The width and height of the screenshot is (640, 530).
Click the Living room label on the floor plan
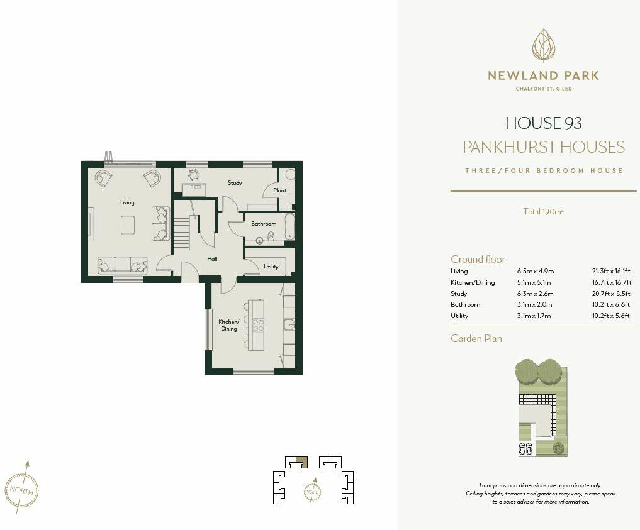point(127,202)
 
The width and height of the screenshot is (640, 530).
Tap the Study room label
point(235,183)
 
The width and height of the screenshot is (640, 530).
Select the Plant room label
point(280,190)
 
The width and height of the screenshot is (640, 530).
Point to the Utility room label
point(271,267)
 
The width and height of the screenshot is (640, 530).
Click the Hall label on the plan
point(213,258)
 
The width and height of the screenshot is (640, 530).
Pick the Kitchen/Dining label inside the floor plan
point(228,325)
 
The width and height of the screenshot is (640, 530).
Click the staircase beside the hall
point(181,232)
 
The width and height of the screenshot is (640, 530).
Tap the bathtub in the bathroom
point(289,226)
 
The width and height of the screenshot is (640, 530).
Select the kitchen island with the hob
point(257,324)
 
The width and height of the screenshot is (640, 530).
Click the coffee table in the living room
point(128,224)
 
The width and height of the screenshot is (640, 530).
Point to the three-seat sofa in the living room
point(122,265)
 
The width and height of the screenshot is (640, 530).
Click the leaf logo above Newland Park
point(544,46)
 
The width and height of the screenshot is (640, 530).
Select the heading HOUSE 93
point(544,123)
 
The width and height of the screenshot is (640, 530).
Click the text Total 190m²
point(543,212)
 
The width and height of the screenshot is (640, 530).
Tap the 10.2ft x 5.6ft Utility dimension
point(610,316)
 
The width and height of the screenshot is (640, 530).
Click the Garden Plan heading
point(476,338)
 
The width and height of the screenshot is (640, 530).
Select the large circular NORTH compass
point(21,489)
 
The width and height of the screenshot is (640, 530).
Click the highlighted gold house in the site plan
point(302,461)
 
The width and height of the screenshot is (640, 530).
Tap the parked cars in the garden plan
point(525,448)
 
